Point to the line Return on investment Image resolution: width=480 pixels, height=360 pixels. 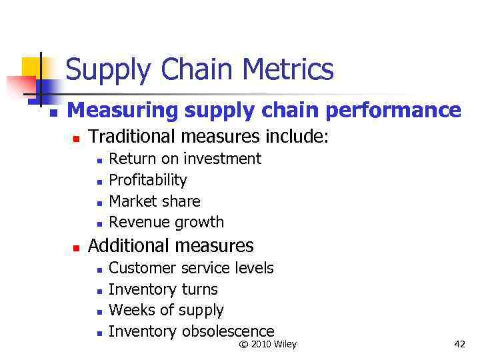185,159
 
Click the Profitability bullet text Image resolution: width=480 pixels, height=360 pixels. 147,180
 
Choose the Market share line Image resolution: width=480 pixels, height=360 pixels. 154,201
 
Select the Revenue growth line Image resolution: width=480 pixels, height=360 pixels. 166,222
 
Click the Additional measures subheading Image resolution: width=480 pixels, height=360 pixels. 171,246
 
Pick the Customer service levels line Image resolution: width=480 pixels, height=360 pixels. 191,268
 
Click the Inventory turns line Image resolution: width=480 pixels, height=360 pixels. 163,289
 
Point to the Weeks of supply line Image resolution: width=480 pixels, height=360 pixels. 166,310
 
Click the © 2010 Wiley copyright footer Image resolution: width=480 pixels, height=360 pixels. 267,344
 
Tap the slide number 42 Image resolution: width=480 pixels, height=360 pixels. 459,344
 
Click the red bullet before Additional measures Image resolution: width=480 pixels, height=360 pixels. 76,248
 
